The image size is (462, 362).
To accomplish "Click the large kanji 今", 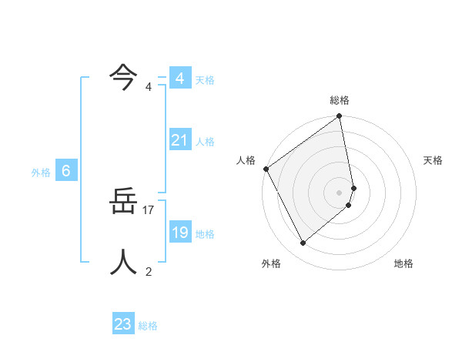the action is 123,75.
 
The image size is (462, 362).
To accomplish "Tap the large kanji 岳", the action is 123,204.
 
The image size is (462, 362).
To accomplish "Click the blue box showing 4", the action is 179,79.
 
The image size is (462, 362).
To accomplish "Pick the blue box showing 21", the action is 179,140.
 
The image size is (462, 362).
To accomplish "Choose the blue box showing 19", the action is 179,233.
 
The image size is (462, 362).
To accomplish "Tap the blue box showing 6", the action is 66,171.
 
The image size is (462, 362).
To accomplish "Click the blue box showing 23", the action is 122,324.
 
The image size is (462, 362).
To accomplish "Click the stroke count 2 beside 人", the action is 149,271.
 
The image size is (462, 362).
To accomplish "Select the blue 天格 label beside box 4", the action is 205,80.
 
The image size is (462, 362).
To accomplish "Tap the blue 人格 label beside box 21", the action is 205,142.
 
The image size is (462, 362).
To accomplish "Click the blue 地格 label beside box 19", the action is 205,234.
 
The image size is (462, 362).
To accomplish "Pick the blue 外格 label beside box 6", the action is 41,173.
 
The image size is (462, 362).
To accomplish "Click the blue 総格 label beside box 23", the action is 148,326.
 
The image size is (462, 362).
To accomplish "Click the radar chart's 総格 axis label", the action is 340,100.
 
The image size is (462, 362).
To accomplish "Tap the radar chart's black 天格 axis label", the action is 433,160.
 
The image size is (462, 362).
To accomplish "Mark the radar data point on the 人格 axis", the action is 266,169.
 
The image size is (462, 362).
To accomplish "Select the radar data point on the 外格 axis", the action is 303,243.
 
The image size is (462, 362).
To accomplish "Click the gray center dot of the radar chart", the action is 340,192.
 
